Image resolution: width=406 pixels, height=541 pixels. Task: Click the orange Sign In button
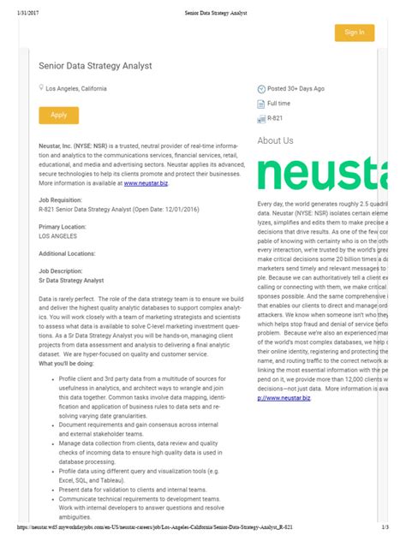point(354,33)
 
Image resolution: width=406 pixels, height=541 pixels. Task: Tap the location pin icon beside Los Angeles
point(41,88)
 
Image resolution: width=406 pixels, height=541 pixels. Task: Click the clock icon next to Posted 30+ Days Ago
point(262,88)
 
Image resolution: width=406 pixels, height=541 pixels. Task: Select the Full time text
point(279,103)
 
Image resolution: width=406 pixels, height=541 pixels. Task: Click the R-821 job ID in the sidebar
point(275,118)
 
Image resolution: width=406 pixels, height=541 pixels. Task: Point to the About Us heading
point(275,140)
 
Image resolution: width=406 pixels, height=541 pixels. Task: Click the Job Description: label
point(65,271)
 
